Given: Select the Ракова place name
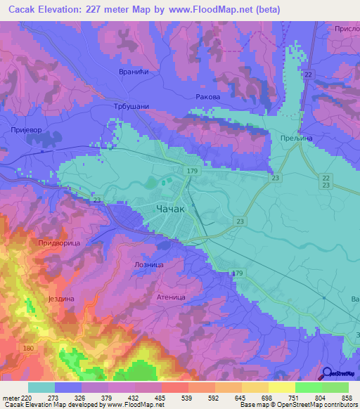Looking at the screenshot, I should tap(207, 97).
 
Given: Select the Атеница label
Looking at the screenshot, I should tap(171, 297).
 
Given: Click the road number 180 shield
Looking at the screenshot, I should tap(28, 349).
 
